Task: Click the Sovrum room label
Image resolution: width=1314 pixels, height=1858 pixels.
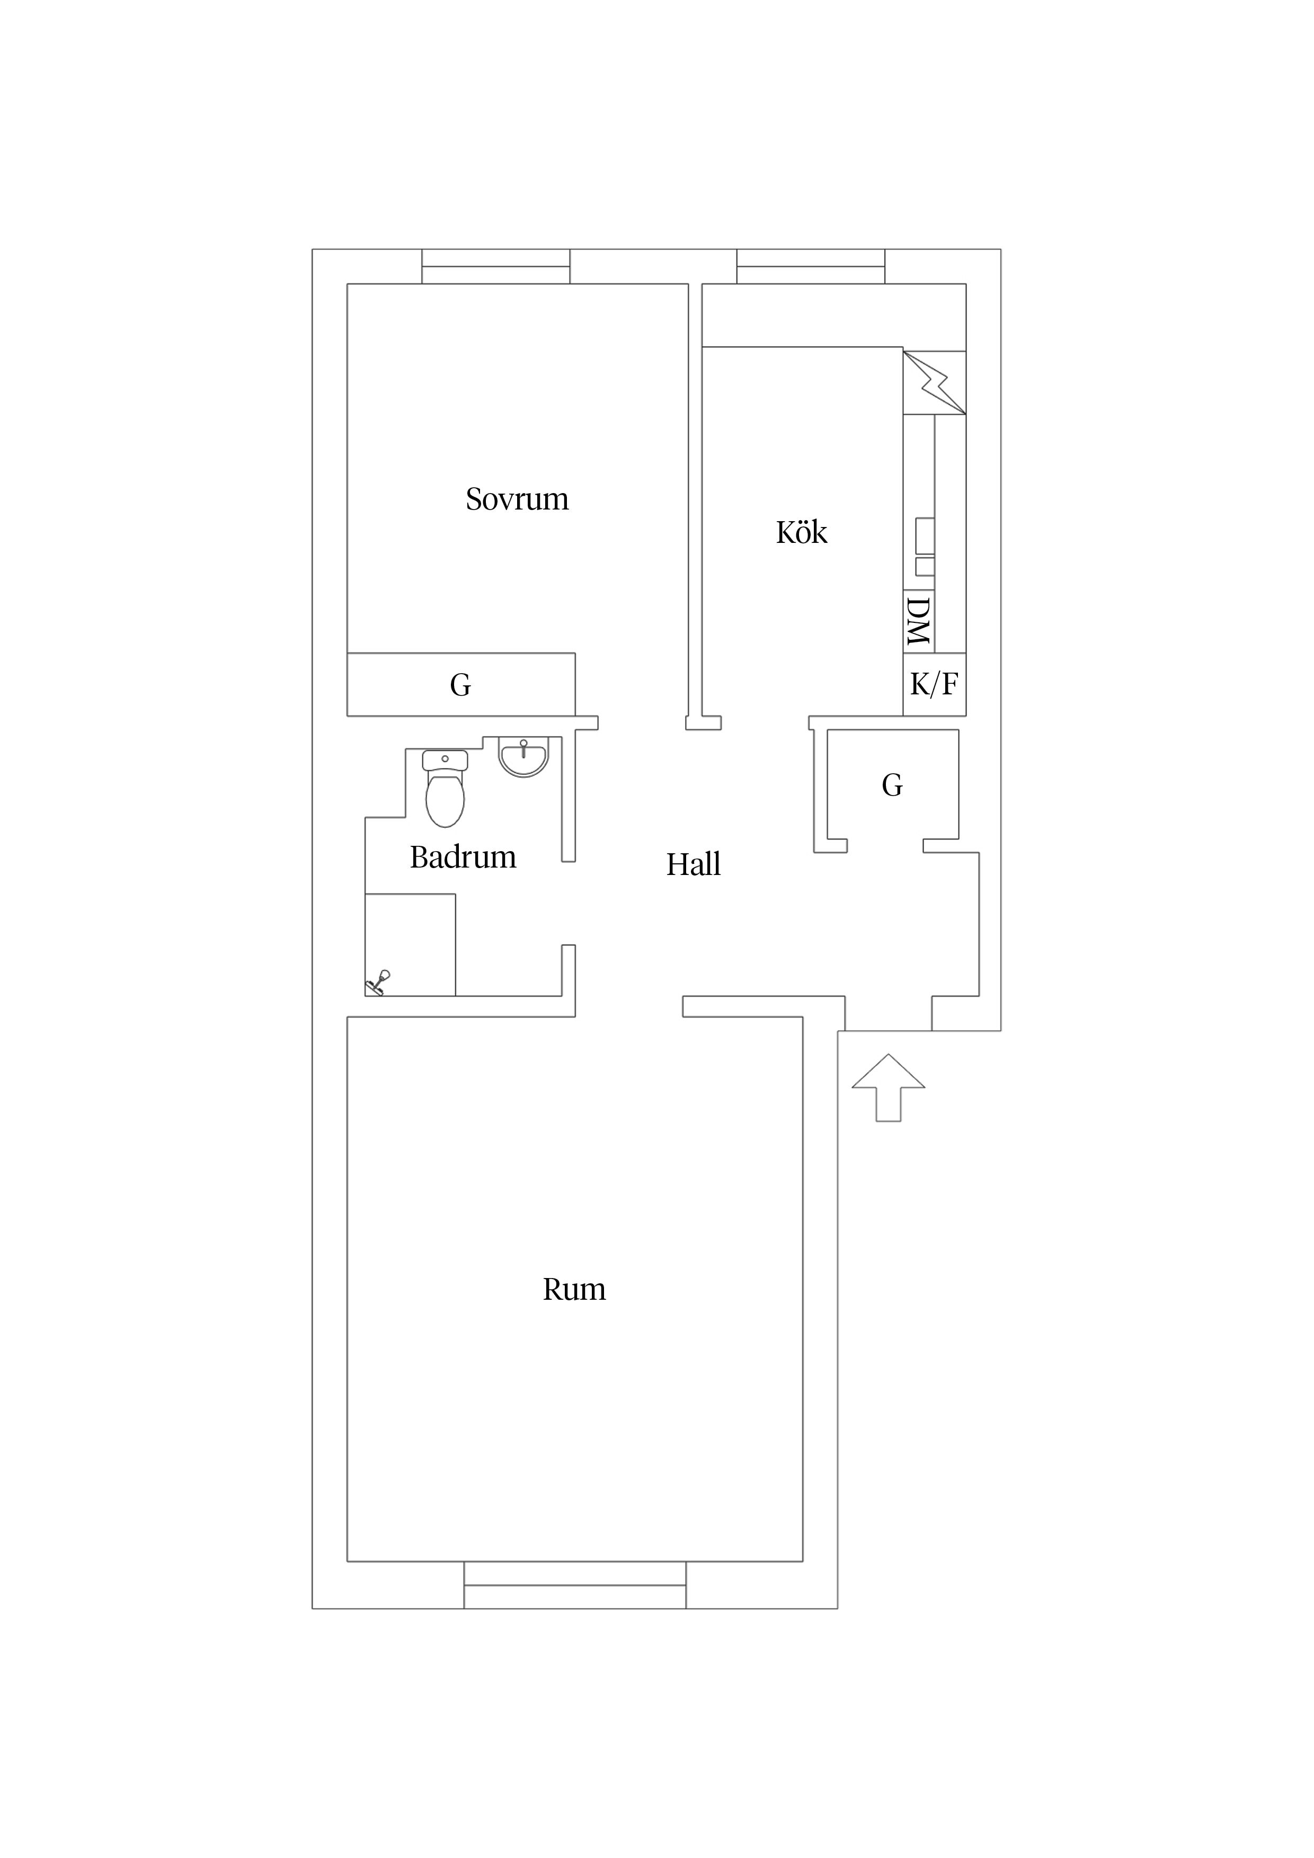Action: pos(517,499)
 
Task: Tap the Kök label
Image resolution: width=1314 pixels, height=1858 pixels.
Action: pos(802,532)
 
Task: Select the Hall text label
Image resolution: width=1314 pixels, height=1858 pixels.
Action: pos(693,865)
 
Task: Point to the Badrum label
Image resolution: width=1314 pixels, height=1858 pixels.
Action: pos(463,857)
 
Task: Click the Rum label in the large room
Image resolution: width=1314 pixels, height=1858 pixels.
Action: pos(574,1289)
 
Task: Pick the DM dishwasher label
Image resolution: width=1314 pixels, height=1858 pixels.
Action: pos(918,621)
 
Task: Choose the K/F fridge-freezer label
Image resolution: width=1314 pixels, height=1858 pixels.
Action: pos(934,685)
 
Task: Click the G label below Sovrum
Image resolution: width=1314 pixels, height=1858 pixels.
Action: pos(460,685)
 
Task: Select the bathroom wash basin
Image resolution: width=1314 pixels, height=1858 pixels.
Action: pos(523,757)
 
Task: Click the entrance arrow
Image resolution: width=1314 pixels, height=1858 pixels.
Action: pos(888,1087)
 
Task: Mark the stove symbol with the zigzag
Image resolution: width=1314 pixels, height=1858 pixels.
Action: pos(934,383)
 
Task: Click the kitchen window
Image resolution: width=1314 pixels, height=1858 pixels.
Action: pos(811,266)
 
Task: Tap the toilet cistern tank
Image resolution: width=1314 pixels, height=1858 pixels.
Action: pos(445,760)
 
